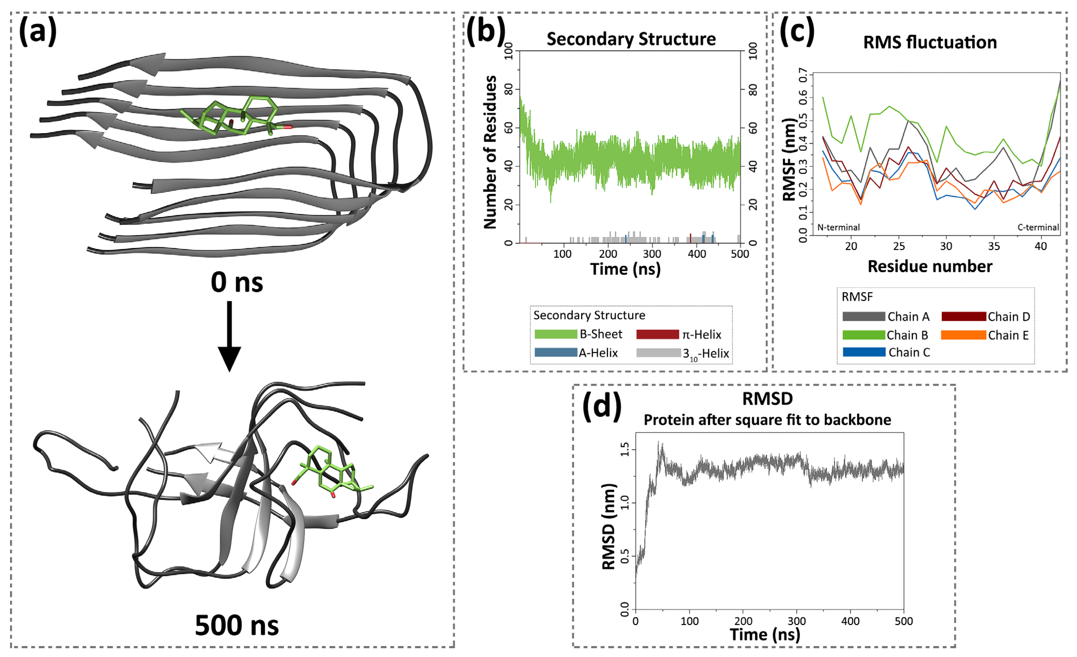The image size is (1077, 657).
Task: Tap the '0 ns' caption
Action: [237, 282]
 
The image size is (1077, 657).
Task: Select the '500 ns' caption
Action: [237, 625]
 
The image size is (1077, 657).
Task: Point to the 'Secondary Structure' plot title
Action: [631, 39]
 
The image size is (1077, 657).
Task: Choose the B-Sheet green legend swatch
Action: [556, 334]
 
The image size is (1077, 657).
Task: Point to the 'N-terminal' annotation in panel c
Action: [838, 227]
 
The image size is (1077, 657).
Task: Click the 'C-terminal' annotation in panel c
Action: [1038, 227]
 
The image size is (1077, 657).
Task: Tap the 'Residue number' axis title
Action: [930, 266]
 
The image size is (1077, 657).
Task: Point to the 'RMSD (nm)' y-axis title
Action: [608, 527]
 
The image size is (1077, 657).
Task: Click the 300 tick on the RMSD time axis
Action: [796, 621]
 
